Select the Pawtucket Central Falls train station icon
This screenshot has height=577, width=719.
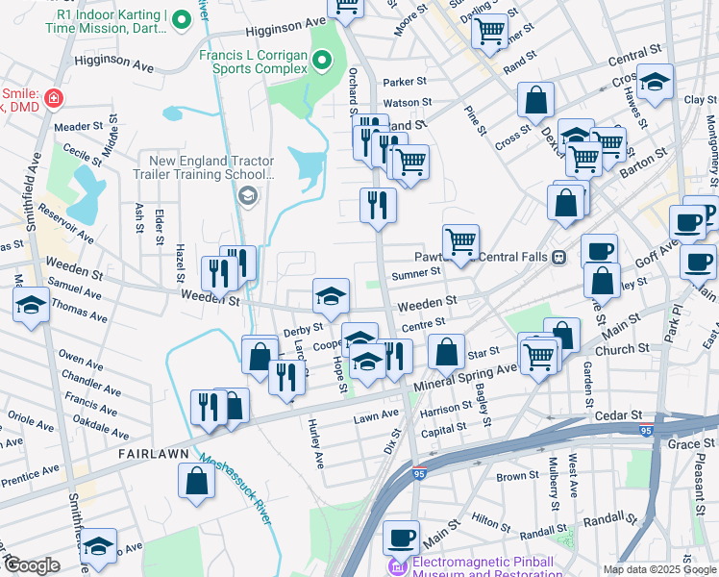tap(558, 257)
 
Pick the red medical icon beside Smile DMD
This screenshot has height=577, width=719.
tap(54, 97)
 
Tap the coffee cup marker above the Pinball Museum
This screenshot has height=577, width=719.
tap(402, 537)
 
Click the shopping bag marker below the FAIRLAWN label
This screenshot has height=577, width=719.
tap(196, 483)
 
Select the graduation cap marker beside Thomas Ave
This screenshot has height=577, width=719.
tap(31, 306)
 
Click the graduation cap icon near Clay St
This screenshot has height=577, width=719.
tap(656, 82)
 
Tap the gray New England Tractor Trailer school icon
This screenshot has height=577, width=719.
tap(248, 196)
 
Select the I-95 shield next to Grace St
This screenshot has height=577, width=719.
tap(645, 426)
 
